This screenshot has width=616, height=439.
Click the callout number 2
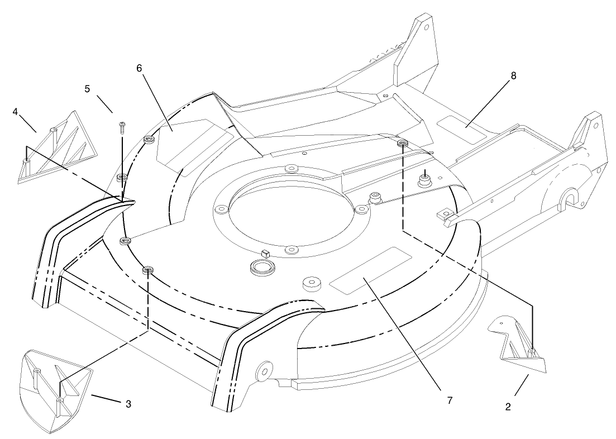[x=508, y=407]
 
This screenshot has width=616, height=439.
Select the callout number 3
[x=128, y=404]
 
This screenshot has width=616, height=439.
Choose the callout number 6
[x=139, y=68]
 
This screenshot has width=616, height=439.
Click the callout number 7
[x=450, y=400]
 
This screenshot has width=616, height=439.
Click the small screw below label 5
[x=121, y=127]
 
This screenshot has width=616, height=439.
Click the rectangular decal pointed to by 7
[x=370, y=270]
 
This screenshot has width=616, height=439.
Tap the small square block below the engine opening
[x=265, y=253]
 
